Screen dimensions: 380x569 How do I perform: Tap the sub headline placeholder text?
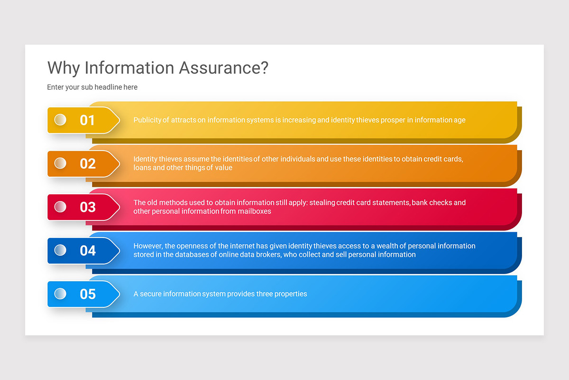92,87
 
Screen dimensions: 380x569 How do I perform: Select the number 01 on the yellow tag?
87,120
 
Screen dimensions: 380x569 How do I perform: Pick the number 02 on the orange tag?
88,164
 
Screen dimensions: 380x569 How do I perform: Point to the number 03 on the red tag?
88,207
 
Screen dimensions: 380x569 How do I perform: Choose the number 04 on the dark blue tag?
88,251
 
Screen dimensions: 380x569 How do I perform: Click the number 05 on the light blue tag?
88,294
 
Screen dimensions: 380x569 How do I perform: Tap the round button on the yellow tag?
60,120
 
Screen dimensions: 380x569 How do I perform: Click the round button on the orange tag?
60,163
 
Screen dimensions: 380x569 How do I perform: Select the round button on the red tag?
60,207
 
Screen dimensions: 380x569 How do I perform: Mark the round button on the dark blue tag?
60,250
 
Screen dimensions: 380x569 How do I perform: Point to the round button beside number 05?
60,294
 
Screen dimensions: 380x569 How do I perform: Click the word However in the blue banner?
148,246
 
